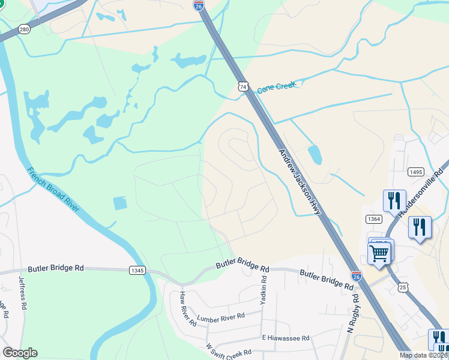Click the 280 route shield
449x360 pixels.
(24, 29)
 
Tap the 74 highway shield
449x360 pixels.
(243, 86)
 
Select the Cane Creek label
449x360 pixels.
(277, 88)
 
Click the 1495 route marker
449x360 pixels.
(415, 172)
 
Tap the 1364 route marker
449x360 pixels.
(374, 219)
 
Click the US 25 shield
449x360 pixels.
(402, 288)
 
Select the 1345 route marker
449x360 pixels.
(137, 271)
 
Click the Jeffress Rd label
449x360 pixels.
(23, 293)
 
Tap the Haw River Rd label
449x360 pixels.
(188, 308)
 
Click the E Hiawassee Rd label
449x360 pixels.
(285, 338)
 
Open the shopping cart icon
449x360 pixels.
(379, 253)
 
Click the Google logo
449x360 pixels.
(20, 353)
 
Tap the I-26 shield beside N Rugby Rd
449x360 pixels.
(357, 276)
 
